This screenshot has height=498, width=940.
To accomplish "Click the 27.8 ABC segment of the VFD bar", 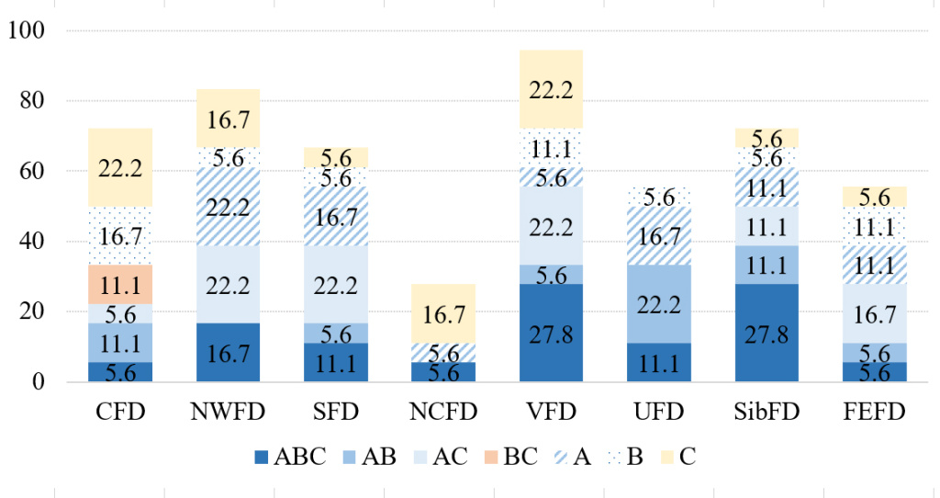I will coord(551,333).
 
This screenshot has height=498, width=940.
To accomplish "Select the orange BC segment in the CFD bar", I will coord(120,284).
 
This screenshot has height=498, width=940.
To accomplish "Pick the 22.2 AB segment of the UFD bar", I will coord(658,303).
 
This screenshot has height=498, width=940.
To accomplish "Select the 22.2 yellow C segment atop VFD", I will coord(551,89).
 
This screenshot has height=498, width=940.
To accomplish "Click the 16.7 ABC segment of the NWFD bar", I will coord(228,352).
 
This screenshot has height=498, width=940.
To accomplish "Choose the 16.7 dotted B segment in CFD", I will coord(120,235).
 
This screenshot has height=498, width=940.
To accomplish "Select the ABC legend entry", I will coord(290,457).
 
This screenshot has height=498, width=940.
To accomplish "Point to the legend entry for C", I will coord(677,457).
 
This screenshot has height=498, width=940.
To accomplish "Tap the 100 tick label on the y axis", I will coord(27,30).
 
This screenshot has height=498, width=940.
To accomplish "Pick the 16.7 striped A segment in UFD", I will coord(658,235).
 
